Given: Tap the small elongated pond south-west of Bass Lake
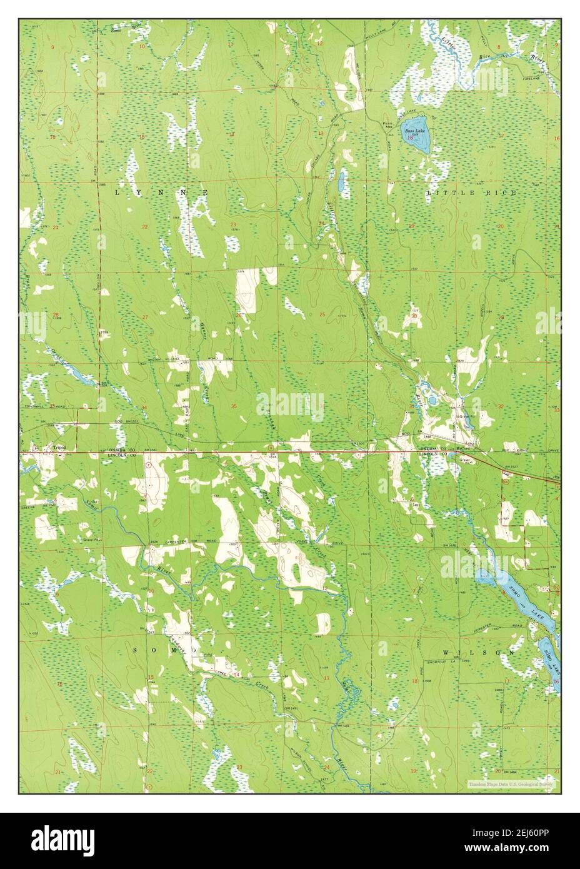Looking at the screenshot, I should pyautogui.click(x=341, y=183).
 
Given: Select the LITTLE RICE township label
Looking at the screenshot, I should pyautogui.click(x=471, y=193).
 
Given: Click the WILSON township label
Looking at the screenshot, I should pyautogui.click(x=479, y=652).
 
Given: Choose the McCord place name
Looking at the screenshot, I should pyautogui.click(x=462, y=448).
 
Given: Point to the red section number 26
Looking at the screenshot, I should pyautogui.click(x=238, y=315).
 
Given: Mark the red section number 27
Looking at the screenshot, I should pyautogui.click(x=145, y=318).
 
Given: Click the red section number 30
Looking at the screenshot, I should pyautogui.click(x=414, y=316).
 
